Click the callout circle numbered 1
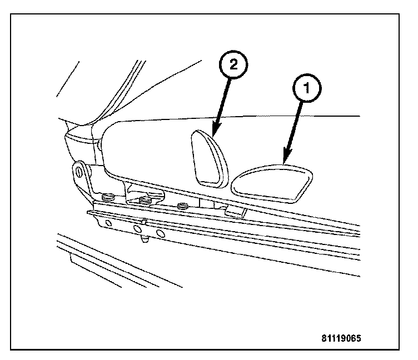305,88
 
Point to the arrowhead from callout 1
286,160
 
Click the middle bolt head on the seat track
146,200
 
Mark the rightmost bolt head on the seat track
182,208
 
